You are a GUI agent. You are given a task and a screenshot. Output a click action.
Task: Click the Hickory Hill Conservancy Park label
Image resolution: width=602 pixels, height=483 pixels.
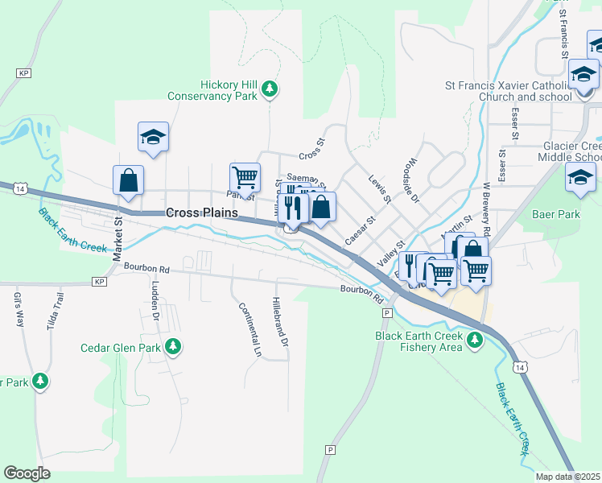pos(212,90)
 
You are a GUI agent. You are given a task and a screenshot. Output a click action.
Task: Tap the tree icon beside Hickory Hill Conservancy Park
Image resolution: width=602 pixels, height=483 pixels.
pos(271,89)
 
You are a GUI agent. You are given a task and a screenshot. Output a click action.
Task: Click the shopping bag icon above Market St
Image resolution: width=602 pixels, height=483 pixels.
pos(128,180)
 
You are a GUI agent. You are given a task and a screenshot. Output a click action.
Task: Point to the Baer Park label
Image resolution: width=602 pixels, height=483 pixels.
pos(556,215)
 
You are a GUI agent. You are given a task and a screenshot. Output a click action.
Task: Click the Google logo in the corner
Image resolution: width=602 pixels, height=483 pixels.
pos(27,473)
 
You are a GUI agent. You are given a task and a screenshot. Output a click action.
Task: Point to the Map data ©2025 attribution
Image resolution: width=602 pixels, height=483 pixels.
pos(567,477)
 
